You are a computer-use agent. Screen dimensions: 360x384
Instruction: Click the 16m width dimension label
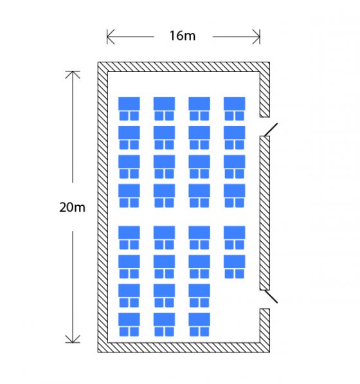(x=183, y=36)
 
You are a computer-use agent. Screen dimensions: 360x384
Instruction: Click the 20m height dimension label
(x=73, y=207)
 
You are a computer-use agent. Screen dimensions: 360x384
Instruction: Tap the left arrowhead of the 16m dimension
(x=111, y=37)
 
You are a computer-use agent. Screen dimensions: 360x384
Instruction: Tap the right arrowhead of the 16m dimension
(x=256, y=37)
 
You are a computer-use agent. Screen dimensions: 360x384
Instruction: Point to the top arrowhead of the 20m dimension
(x=73, y=75)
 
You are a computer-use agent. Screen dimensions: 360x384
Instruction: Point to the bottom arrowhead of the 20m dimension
(x=73, y=339)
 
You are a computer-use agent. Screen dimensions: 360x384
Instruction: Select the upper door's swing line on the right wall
(x=271, y=129)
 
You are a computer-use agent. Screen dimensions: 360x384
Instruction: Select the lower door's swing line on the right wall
(x=271, y=297)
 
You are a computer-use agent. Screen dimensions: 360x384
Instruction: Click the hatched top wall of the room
(x=184, y=67)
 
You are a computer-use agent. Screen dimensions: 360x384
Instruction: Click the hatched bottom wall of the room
(x=184, y=347)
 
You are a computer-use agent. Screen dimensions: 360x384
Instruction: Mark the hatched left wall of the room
(x=103, y=207)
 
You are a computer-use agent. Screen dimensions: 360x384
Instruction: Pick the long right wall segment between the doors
(x=265, y=213)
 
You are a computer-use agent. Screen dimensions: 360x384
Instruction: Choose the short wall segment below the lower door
(x=265, y=325)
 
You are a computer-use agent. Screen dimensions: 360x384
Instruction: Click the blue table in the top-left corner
(x=129, y=104)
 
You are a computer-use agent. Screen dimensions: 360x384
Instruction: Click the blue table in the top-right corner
(x=235, y=104)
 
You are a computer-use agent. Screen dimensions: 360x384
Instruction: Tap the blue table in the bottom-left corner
(x=129, y=319)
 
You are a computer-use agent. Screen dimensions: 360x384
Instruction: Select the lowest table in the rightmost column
(x=235, y=261)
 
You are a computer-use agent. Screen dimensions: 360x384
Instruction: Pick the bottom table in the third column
(x=199, y=319)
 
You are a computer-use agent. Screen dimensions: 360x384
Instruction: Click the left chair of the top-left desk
(x=124, y=116)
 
